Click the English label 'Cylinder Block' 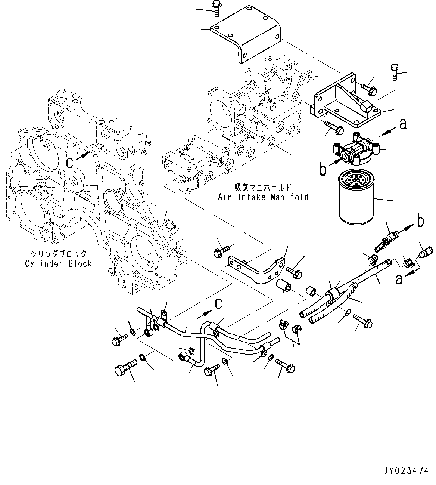(58, 264)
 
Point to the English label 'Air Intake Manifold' (263, 197)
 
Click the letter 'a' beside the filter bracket (403, 124)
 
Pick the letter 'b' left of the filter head (323, 169)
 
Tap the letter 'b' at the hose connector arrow (420, 222)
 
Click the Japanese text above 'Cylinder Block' (58, 254)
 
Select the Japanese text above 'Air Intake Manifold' (263, 187)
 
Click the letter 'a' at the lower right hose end (399, 279)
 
